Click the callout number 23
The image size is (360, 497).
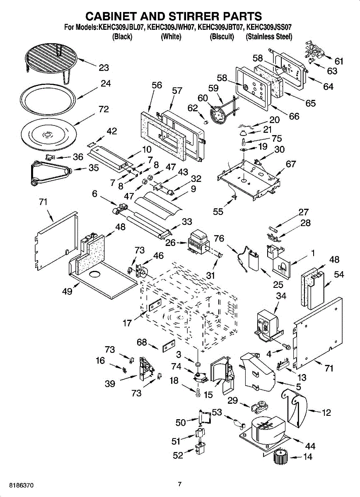pos(104,68)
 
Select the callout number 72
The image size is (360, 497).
pos(104,109)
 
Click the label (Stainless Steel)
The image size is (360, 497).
pos(269,37)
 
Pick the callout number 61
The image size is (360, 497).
pos(339,62)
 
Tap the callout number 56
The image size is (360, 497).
pos(157,85)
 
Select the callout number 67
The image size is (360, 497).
pos(291,164)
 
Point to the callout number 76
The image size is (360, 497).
pos(219,239)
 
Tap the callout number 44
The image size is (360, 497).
pos(310,446)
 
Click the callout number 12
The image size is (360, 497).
pos(326,413)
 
